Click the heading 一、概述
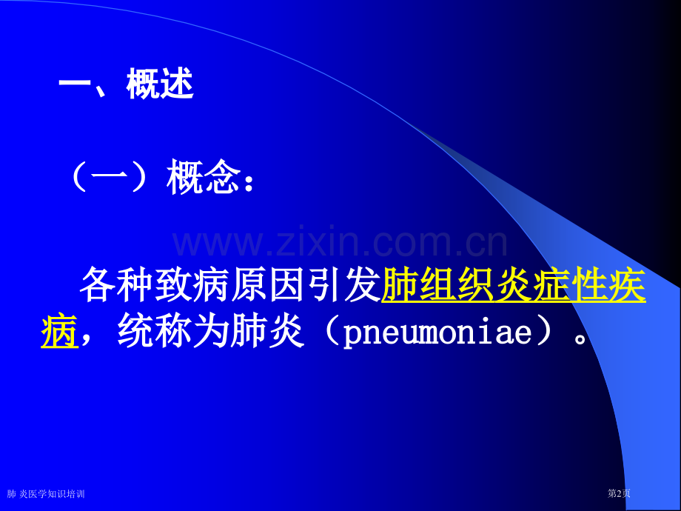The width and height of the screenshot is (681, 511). [x=126, y=84]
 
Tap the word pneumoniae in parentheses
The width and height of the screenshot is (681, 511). [x=437, y=334]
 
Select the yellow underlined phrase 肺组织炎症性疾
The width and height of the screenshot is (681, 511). [x=514, y=284]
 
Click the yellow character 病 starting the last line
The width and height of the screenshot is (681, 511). [x=59, y=332]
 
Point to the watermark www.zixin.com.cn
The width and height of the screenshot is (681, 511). [x=340, y=241]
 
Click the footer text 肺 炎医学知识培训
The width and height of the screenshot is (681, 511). [x=46, y=494]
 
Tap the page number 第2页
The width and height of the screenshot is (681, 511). [x=619, y=493]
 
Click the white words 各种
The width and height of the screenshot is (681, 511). [x=116, y=284]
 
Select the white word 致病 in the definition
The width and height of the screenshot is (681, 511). [x=192, y=284]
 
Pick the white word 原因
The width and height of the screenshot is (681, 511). [x=267, y=284]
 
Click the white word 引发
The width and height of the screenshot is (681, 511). [x=343, y=284]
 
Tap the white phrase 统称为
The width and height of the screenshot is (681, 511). [x=173, y=332]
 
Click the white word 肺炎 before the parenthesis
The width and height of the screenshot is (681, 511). [x=267, y=332]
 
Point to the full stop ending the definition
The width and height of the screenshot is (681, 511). [x=580, y=338]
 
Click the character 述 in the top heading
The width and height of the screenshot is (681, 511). [x=177, y=84]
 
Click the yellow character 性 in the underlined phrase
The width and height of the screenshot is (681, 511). [x=589, y=284]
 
